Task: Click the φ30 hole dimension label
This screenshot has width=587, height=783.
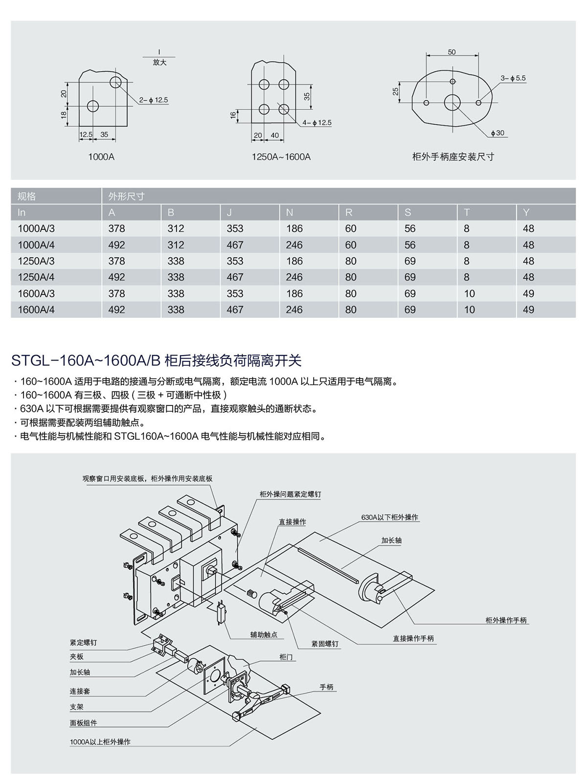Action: [x=499, y=133]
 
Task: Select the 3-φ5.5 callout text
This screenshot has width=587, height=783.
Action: [x=513, y=78]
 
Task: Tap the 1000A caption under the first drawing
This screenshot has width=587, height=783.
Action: [x=101, y=157]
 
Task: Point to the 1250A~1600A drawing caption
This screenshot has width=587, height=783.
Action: [x=281, y=157]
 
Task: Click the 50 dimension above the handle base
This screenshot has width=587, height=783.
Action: [x=452, y=52]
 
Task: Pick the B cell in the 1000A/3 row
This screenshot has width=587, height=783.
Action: [x=176, y=228]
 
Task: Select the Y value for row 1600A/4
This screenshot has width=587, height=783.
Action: [x=528, y=310]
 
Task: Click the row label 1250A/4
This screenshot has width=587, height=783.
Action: [x=36, y=277]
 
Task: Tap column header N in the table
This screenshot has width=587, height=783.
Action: [x=290, y=212]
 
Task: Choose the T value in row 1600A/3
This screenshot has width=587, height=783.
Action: [x=470, y=293]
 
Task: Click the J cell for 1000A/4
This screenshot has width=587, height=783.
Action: [x=235, y=245]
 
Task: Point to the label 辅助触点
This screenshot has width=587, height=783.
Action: [x=264, y=634]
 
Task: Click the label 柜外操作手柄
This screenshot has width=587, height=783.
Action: [x=506, y=620]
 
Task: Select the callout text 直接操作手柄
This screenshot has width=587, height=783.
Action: [x=413, y=638]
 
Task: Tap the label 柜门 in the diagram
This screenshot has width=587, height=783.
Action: [x=286, y=657]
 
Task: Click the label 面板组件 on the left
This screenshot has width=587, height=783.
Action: [x=83, y=723]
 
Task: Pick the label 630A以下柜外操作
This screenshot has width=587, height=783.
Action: [x=390, y=517]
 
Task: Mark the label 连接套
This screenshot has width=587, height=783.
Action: [x=80, y=692]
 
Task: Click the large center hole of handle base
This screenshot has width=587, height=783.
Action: [x=452, y=103]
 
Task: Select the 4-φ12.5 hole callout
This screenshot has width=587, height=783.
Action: [x=316, y=123]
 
